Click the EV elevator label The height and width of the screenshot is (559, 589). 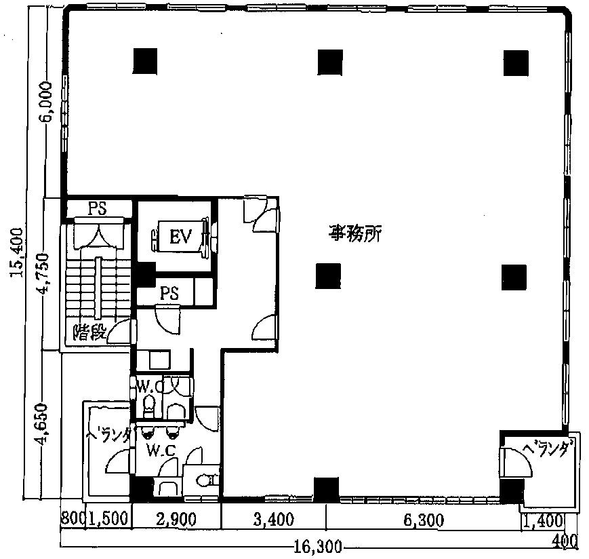point(181,237)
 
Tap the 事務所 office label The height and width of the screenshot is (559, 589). point(356,235)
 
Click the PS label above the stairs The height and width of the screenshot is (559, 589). point(98,209)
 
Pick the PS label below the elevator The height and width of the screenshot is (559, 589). point(169,293)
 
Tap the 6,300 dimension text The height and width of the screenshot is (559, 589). point(422,520)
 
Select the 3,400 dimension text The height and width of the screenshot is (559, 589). point(273,520)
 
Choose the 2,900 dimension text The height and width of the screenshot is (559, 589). point(176,520)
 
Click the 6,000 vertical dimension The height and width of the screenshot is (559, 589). point(45,102)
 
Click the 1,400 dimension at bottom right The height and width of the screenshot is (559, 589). point(544,521)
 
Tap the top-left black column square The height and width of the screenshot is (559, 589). point(145,62)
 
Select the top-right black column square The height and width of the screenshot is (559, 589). point(515,62)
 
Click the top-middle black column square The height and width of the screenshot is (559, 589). point(330,62)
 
